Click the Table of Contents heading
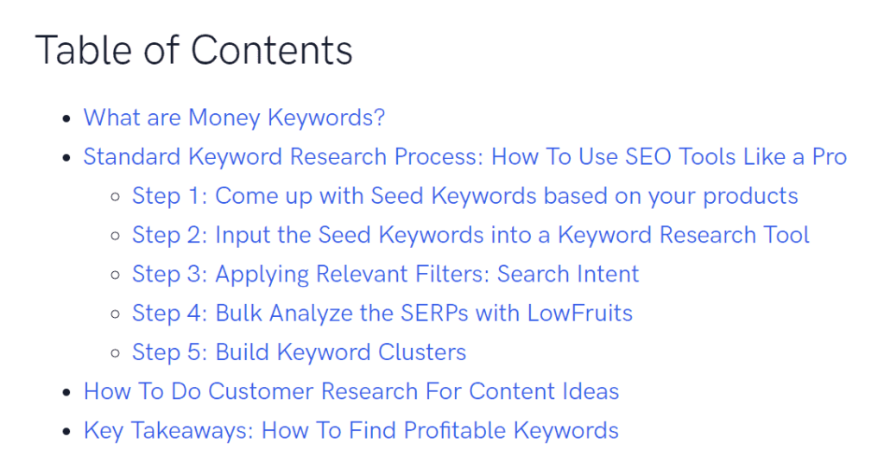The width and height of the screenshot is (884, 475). [193, 50]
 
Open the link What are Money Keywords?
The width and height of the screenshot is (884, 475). [234, 117]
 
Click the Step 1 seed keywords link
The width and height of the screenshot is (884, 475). [464, 196]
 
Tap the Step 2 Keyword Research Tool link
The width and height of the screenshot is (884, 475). [470, 235]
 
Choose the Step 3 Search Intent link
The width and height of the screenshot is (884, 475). [385, 275]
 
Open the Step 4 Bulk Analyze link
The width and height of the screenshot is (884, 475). [382, 313]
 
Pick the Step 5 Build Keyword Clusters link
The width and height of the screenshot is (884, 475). [299, 352]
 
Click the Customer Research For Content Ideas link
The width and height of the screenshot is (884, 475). [350, 391]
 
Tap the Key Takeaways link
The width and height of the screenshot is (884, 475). [350, 430]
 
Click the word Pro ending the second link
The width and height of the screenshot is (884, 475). [830, 157]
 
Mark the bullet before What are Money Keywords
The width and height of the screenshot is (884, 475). [66, 118]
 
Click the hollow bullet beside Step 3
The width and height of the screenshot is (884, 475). [115, 275]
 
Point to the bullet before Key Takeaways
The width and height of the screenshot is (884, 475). [66, 431]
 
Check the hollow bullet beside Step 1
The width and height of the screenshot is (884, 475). [115, 197]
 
